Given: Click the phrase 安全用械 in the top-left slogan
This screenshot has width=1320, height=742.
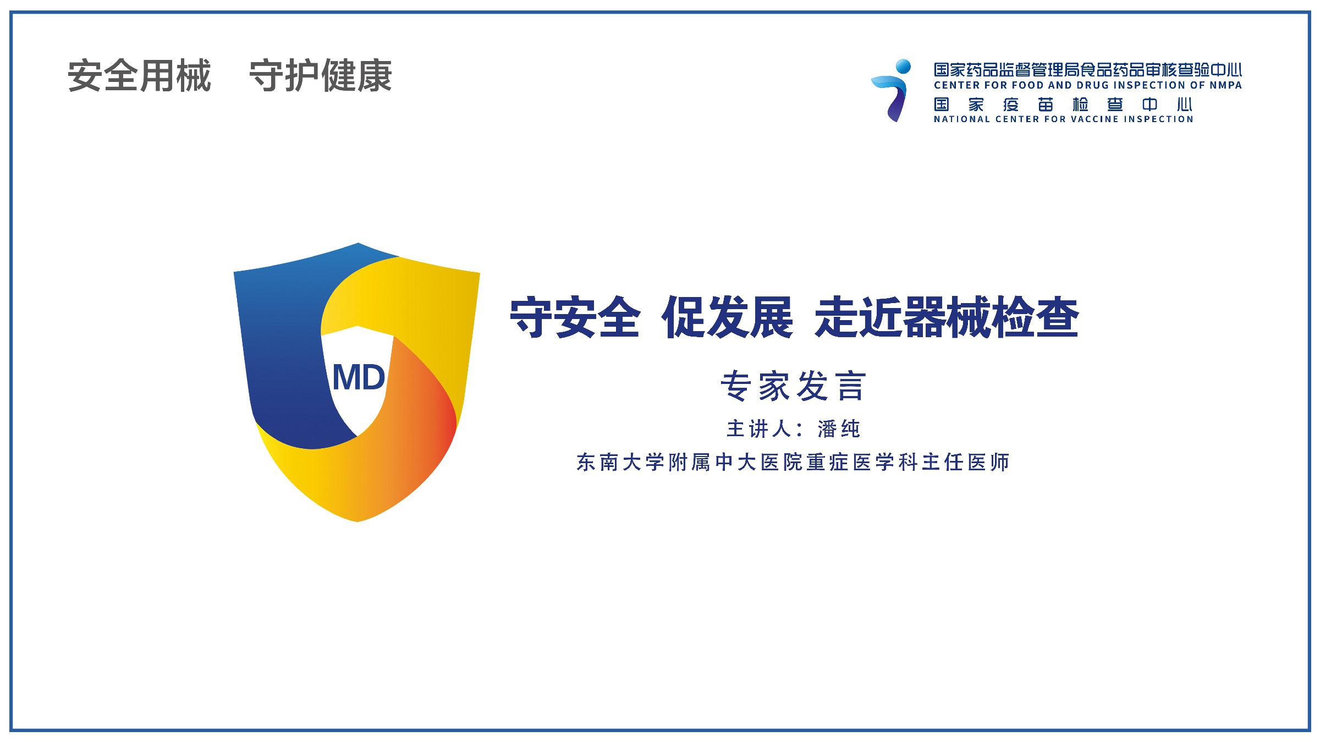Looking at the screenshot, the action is (139, 75).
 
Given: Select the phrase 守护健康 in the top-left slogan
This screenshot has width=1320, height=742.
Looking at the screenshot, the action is (321, 75).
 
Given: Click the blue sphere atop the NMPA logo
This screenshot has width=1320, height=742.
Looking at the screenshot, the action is (903, 67).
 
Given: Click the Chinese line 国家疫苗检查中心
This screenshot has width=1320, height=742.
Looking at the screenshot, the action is (1063, 105).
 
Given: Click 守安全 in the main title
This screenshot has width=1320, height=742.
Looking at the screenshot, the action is (575, 317).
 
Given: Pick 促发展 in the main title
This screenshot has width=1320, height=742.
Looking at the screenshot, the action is (728, 317).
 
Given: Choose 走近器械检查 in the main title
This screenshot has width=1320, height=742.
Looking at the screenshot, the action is (947, 317).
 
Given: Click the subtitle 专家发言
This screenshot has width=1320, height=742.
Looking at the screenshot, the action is (793, 386).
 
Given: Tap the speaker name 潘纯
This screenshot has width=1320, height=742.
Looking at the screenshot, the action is (839, 429).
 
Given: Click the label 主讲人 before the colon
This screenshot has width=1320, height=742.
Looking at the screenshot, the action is (759, 429).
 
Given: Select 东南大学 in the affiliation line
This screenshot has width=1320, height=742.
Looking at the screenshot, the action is (621, 463).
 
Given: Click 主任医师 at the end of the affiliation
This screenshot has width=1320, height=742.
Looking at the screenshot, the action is (966, 463).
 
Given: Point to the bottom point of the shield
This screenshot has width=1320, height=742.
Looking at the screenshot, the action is (358, 520).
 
